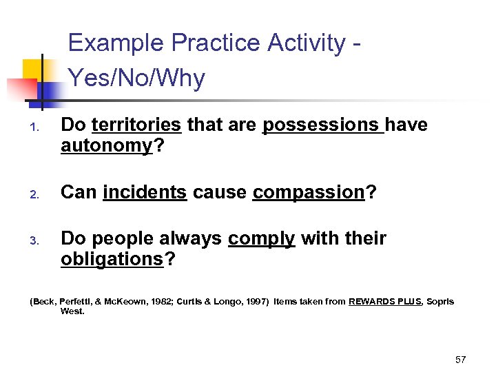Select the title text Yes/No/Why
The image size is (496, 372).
tap(136, 79)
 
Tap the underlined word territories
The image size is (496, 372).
tap(136, 125)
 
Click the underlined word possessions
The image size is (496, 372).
tap(323, 125)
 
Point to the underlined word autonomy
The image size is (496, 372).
tap(106, 146)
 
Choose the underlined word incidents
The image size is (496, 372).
tap(145, 192)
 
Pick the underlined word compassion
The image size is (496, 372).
tap(308, 192)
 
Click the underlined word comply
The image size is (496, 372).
tap(262, 238)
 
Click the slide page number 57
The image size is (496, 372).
tap(461, 360)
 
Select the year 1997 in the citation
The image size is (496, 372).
tap(254, 302)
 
